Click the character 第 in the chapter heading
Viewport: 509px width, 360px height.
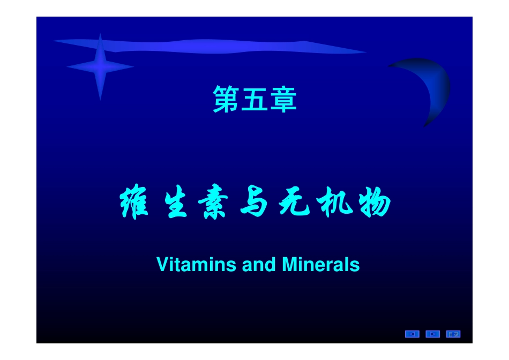[227, 100]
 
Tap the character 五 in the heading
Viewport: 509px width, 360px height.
[255, 100]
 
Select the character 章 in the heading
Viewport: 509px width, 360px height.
[283, 100]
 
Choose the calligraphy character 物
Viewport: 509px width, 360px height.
[373, 205]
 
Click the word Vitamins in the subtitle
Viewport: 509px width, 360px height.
[197, 265]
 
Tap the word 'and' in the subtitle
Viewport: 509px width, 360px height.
[259, 265]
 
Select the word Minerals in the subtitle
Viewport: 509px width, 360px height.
[320, 265]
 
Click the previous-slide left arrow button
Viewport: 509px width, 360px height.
[412, 334]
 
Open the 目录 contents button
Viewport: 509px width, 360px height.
[453, 334]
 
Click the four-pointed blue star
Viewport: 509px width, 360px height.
[100, 66]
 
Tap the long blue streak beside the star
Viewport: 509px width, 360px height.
[214, 47]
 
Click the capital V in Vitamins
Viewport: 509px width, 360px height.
[162, 265]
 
